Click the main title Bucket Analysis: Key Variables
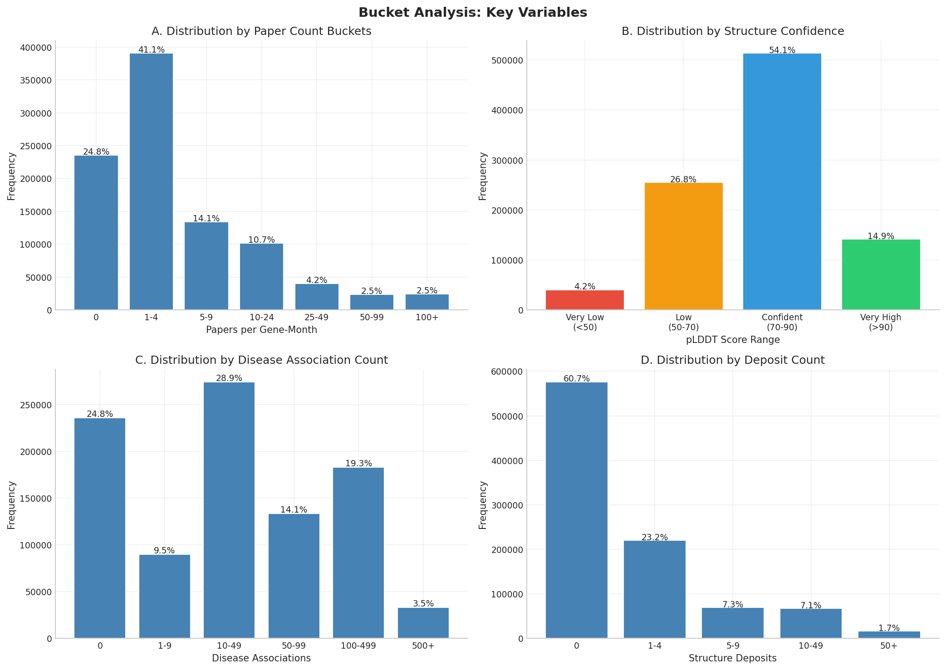(472, 13)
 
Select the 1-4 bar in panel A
(151, 181)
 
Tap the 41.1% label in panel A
(151, 50)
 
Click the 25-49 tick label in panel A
(316, 318)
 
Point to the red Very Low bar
(584, 300)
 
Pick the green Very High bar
(881, 274)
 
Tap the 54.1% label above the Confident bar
(782, 50)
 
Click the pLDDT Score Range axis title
(732, 340)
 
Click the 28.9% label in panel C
(229, 378)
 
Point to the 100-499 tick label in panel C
(358, 646)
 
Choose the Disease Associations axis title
(261, 658)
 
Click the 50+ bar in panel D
(888, 635)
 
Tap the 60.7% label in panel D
(576, 379)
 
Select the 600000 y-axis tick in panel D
(507, 372)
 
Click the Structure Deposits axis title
(732, 658)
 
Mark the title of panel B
(732, 31)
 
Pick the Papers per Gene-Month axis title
(261, 330)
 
